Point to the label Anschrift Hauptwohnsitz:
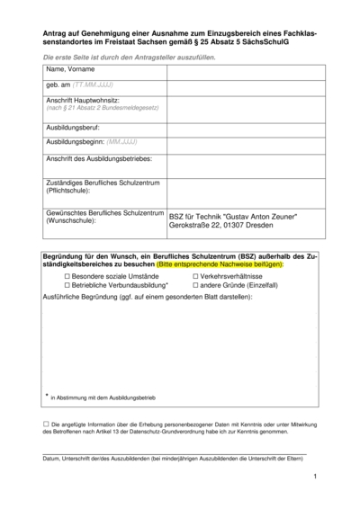tap(83, 100)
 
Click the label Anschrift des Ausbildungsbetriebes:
tap(99, 159)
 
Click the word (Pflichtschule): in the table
tap(69, 192)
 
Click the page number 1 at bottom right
tap(316, 478)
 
